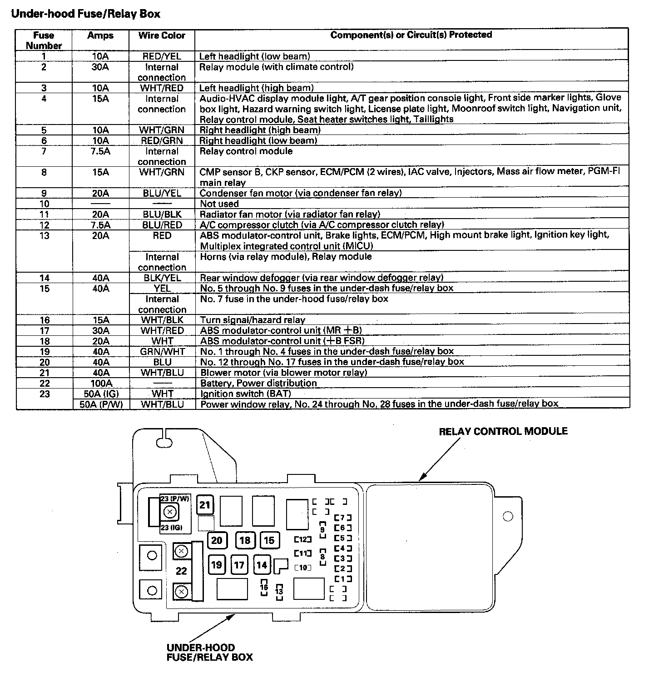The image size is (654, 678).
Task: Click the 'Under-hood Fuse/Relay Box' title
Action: coord(85,14)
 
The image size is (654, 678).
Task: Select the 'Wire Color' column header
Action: coord(162,35)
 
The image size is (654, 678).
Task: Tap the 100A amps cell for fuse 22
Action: coord(100,383)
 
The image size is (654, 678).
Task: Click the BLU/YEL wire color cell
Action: coord(162,193)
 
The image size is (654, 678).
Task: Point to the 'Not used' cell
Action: coord(219,204)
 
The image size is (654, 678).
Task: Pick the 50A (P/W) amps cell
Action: coord(100,404)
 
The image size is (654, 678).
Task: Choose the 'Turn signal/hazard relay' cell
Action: coord(253,320)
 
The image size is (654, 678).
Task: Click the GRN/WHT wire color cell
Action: coord(162,352)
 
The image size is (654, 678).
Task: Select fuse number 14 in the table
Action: coord(44,278)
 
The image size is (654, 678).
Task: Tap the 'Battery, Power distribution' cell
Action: coord(258,383)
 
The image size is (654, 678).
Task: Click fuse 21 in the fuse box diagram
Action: coord(205,504)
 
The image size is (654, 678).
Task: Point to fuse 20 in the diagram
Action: coord(217,540)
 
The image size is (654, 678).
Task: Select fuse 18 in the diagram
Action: coord(245,540)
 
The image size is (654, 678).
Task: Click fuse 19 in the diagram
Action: coord(217,565)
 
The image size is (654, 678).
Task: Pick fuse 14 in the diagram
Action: coord(262,565)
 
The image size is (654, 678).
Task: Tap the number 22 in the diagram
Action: coord(181,571)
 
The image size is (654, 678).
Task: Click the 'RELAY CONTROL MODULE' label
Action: coord(503,431)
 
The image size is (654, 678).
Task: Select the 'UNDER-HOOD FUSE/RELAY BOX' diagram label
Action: coord(209,652)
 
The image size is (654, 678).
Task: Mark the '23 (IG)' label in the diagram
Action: coord(171,528)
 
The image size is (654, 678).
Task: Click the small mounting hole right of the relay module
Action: coord(508,516)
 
